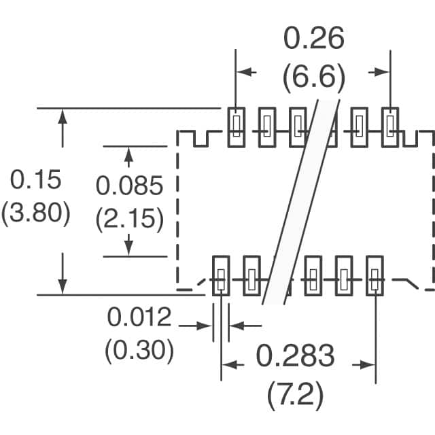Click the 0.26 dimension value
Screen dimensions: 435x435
point(314,38)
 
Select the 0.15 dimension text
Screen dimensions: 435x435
point(35,179)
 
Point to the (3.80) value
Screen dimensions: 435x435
point(35,213)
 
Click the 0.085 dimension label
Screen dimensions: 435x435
point(129,186)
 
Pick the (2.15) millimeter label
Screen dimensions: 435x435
point(130,219)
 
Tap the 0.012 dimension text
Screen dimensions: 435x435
point(139,317)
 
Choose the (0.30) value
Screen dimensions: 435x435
point(139,350)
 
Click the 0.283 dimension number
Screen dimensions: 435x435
point(295,355)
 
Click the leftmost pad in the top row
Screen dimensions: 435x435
point(237,127)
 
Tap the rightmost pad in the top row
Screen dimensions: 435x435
point(390,127)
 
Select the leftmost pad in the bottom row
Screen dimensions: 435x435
point(221,276)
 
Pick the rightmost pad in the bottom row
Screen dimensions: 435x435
point(375,276)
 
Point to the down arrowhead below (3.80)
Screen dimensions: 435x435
point(63,287)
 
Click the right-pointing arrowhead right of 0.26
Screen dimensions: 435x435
point(382,73)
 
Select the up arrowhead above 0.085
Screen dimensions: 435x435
point(128,154)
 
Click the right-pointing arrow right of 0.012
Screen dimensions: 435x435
point(195,326)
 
